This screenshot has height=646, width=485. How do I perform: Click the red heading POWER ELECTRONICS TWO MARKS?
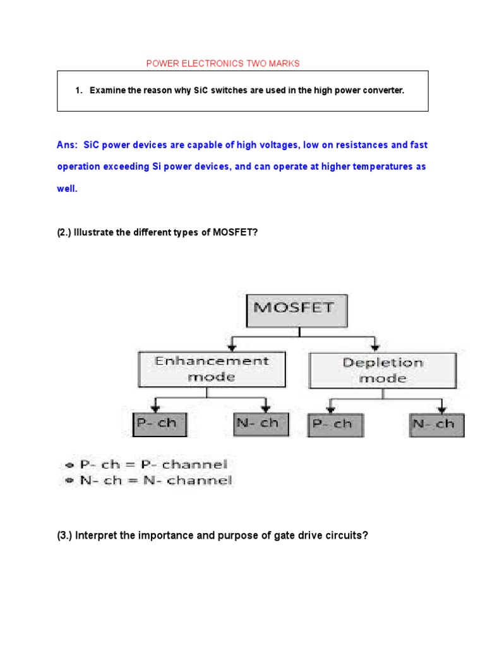tap(223, 63)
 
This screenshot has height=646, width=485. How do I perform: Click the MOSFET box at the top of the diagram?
tap(289, 310)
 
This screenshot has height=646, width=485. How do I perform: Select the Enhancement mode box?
tap(212, 369)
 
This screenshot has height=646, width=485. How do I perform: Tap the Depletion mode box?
tap(383, 370)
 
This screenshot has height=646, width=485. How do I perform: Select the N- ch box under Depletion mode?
tap(436, 425)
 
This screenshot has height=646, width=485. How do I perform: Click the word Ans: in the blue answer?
tap(67, 145)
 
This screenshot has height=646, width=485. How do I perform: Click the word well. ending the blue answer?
tap(67, 189)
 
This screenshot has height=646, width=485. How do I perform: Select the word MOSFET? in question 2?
tap(236, 232)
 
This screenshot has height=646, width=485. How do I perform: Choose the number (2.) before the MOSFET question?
tap(64, 232)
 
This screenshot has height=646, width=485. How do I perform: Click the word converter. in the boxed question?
tap(383, 91)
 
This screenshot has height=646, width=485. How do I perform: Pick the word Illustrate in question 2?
tap(95, 232)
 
